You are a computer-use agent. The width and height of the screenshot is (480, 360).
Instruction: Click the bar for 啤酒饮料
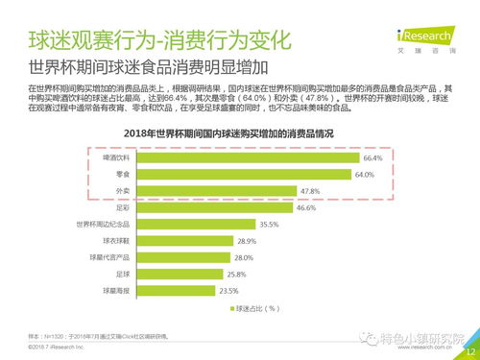click(240, 157)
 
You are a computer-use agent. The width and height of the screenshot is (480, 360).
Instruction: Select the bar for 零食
click(237, 175)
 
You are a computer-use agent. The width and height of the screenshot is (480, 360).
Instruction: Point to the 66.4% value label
click(372, 157)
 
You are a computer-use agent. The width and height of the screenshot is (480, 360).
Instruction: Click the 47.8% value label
click(310, 191)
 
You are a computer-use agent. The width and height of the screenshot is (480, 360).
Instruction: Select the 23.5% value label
click(228, 290)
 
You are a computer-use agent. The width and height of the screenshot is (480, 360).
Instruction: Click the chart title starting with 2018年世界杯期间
click(240, 133)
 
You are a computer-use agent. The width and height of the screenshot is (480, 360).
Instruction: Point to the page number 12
click(468, 351)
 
